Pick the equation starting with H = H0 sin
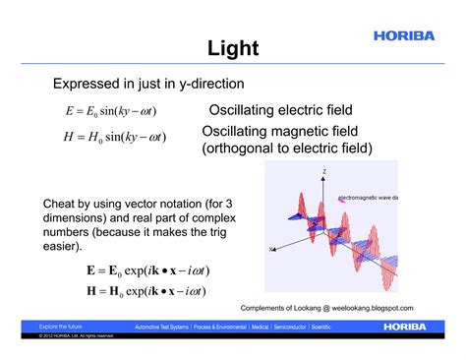point(113,136)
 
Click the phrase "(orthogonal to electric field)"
point(287,149)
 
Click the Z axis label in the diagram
point(322,171)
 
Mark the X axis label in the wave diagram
point(270,249)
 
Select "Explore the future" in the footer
point(60,325)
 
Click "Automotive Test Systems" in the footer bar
point(167,325)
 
